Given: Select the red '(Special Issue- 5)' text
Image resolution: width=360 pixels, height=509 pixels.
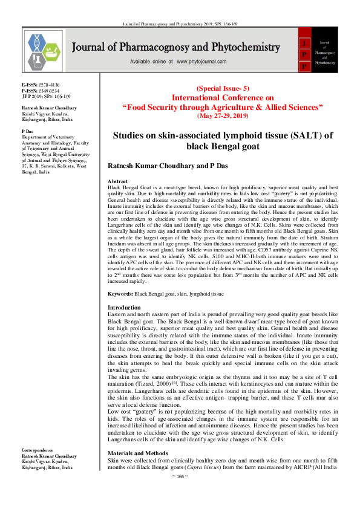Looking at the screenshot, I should click(221, 88).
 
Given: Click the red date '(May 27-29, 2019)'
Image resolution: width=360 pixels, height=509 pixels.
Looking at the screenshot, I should click(221, 115).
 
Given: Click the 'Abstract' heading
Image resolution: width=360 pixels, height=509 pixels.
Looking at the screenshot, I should click(117, 181).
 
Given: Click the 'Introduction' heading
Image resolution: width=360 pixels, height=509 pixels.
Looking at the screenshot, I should click(123, 308).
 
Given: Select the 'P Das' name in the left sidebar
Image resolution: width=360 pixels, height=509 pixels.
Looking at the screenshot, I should click(27, 131).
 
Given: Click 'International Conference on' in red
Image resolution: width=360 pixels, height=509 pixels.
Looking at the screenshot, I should click(222, 97).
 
